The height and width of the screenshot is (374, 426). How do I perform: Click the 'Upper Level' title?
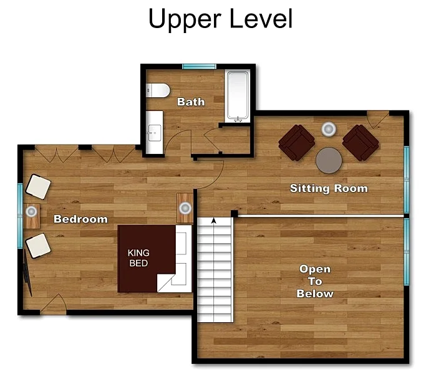tap(220, 19)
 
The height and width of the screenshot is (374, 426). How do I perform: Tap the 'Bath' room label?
tap(191, 102)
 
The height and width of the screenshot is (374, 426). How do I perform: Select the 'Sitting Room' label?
tap(329, 188)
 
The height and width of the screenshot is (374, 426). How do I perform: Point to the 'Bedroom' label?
tap(80, 219)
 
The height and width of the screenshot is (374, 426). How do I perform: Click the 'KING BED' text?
tap(138, 258)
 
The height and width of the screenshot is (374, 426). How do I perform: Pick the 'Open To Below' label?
tap(315, 281)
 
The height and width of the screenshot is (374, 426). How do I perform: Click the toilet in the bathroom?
tap(158, 90)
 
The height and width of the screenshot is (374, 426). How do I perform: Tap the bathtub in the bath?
tap(238, 96)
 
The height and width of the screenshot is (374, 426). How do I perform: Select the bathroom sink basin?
tap(155, 133)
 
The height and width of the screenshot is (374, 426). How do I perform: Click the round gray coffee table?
tap(329, 160)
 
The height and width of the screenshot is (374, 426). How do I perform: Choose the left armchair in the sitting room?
tap(297, 143)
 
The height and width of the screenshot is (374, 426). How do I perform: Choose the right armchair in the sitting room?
tap(361, 143)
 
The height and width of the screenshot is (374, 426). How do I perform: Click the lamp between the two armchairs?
tap(329, 129)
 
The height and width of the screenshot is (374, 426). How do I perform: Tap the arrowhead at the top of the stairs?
tap(214, 221)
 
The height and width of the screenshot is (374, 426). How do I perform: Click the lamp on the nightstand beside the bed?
tap(185, 208)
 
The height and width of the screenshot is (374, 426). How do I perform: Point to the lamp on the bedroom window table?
tap(31, 211)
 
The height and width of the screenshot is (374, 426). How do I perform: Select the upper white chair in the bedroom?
tap(38, 187)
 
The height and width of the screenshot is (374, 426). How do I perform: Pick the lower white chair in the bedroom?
tap(38, 246)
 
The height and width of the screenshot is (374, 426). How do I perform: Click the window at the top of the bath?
tap(199, 67)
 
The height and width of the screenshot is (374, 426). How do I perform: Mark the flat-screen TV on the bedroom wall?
tap(27, 272)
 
